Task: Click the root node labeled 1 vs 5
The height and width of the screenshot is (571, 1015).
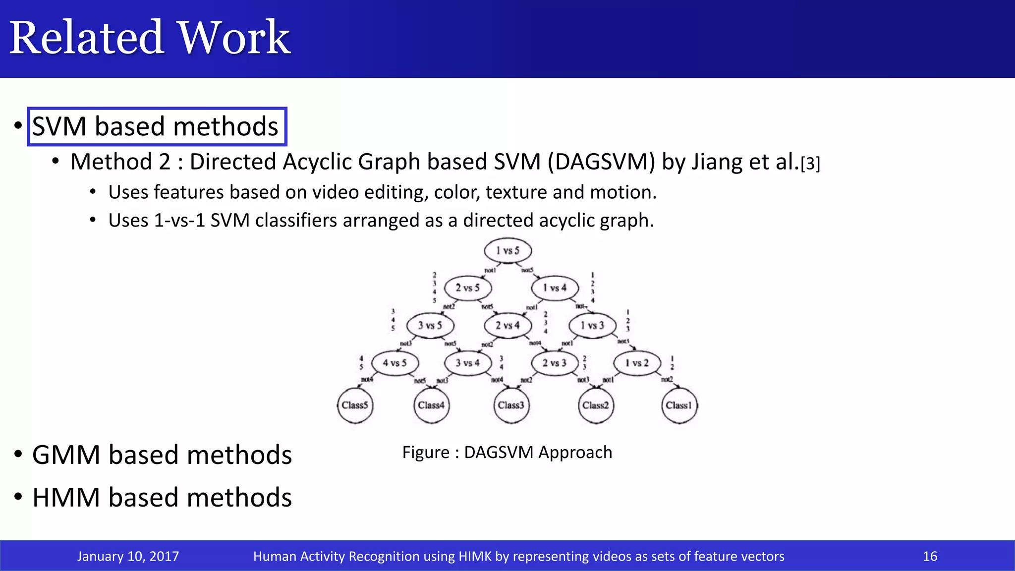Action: click(508, 251)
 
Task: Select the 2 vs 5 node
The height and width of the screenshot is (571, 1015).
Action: click(468, 288)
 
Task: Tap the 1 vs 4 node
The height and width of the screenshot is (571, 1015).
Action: click(555, 288)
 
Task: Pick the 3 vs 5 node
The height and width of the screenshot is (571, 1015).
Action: click(430, 326)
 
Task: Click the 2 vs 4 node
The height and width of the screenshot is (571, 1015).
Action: click(508, 326)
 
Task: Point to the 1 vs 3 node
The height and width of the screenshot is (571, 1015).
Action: click(592, 326)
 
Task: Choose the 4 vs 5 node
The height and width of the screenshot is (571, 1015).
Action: click(395, 363)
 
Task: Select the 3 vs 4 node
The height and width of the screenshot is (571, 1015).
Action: click(468, 363)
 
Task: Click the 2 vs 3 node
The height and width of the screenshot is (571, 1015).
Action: click(555, 363)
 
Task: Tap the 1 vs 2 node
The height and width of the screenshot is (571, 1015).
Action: click(637, 363)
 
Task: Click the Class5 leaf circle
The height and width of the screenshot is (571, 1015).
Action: click(355, 405)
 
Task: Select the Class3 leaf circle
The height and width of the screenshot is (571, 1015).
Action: click(511, 405)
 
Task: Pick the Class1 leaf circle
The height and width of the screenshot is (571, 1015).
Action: click(679, 405)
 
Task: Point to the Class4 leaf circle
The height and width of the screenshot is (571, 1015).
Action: click(431, 405)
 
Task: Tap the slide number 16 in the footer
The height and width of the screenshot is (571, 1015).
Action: click(930, 556)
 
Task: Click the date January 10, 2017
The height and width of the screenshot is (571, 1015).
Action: click(128, 556)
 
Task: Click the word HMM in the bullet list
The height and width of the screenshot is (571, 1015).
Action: click(66, 498)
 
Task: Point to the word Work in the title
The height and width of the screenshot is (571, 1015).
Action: click(233, 38)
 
